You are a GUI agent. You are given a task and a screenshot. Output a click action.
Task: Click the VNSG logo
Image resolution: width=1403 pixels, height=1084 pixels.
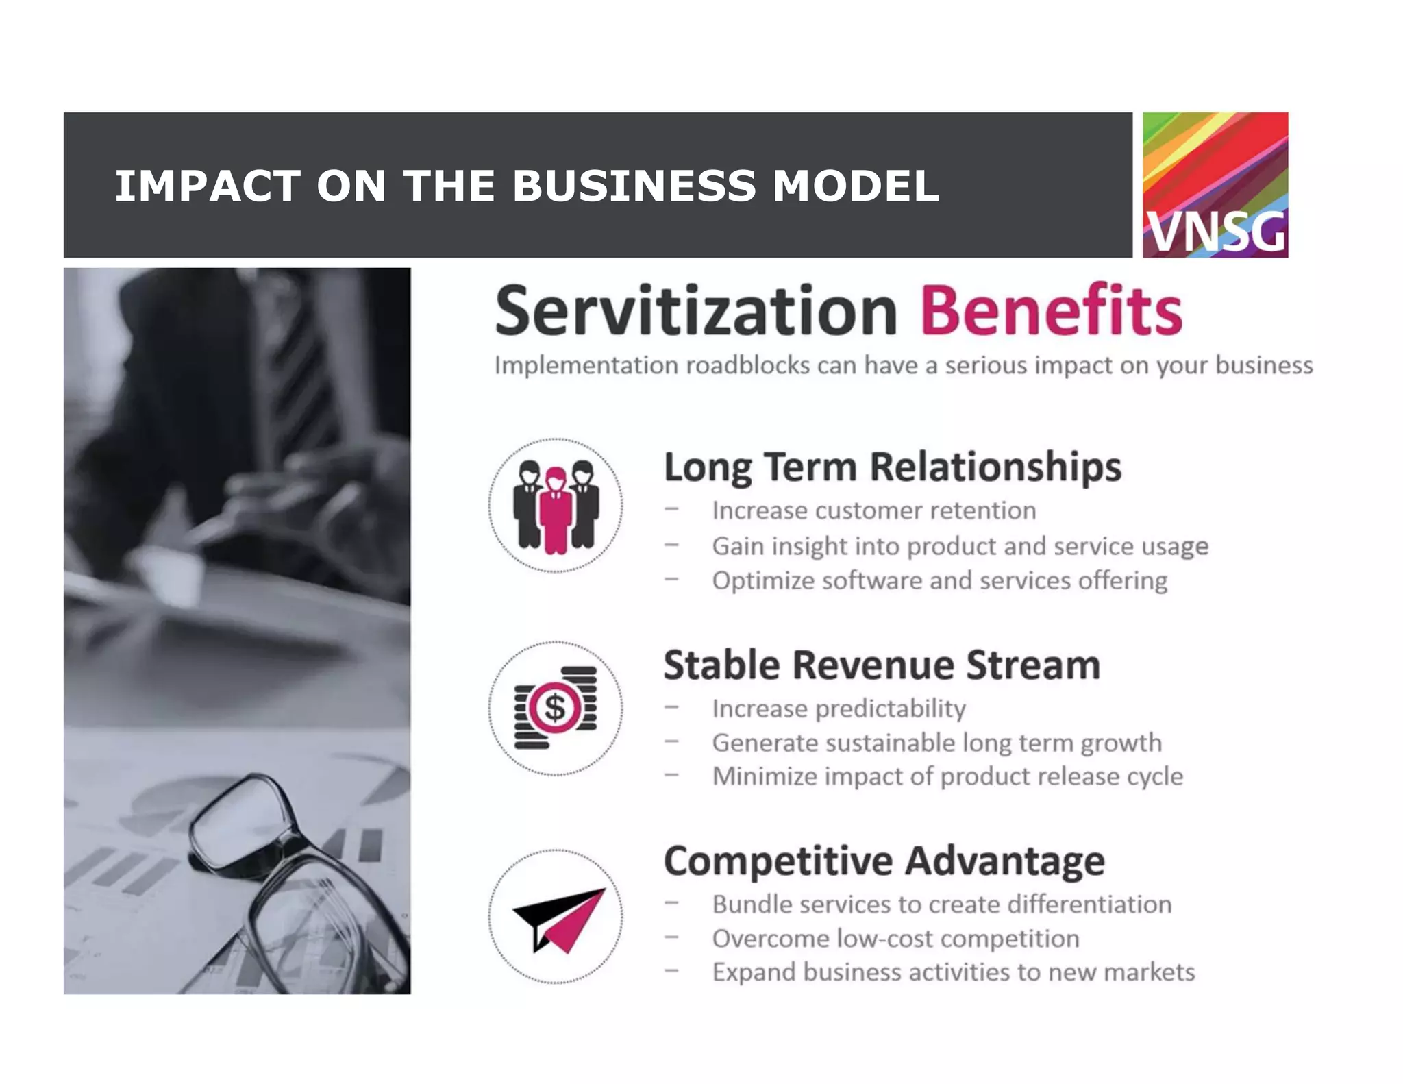(1215, 185)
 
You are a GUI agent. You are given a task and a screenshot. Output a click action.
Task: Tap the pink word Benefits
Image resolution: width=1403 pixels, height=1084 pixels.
(1051, 312)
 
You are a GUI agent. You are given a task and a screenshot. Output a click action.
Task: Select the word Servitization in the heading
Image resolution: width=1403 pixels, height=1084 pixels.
(695, 312)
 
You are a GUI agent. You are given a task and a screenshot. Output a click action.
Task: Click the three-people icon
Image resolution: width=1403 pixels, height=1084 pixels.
(556, 506)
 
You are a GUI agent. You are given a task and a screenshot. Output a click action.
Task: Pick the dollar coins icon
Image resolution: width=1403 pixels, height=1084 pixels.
(556, 708)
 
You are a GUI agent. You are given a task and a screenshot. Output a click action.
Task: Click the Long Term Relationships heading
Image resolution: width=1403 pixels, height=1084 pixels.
(892, 468)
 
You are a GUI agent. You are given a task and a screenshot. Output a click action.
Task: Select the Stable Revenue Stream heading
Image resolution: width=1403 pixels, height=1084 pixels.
(882, 665)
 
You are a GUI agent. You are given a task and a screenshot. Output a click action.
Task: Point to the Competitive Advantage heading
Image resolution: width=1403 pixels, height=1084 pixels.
(884, 861)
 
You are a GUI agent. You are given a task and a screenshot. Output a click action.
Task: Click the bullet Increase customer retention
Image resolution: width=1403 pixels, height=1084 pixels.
(873, 510)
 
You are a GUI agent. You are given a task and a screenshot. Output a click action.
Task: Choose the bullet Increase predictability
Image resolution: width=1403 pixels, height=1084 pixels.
(839, 709)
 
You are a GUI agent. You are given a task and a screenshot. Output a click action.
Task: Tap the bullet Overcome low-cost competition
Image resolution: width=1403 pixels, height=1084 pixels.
(895, 939)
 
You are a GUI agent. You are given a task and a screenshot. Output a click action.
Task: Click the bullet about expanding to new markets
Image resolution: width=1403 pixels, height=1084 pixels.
(953, 972)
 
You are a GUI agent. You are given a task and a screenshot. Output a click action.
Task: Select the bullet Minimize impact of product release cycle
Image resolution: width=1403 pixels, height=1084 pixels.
(947, 776)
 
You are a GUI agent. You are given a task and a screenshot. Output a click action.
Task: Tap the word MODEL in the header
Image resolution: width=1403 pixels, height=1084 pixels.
(855, 186)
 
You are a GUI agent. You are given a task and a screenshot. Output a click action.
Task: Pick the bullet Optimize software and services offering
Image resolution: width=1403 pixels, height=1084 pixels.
(939, 580)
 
